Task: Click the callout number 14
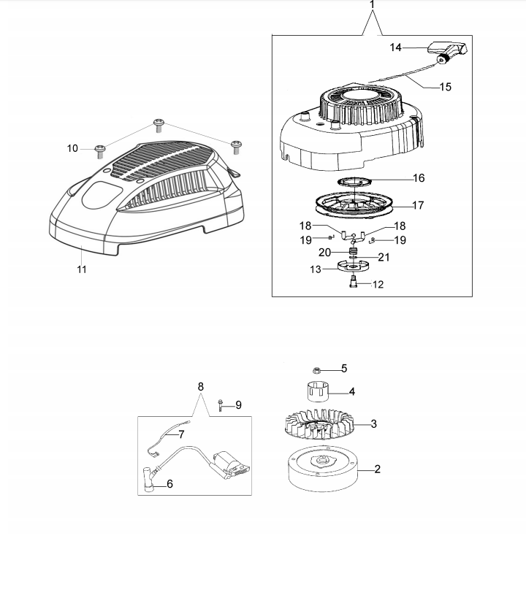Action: point(395,47)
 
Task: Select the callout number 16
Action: point(418,178)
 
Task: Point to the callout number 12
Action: point(378,285)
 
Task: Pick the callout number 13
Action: point(316,269)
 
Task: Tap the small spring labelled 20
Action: point(354,251)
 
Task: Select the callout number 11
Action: point(82,269)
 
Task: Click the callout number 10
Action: point(72,149)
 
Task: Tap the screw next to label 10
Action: point(100,150)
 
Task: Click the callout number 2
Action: point(377,469)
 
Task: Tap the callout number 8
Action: point(201,386)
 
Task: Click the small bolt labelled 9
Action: point(220,404)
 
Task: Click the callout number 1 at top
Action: point(373,5)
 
